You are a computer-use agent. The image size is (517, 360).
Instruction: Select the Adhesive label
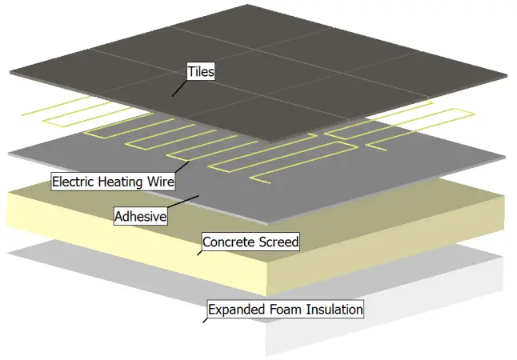pos(140,216)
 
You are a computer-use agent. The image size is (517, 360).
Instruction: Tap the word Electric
pos(74,182)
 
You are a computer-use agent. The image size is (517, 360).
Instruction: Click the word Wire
pos(160,182)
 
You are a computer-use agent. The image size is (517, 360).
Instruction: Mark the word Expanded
pos(237,309)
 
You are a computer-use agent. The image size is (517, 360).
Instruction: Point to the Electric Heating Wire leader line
pos(182,166)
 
